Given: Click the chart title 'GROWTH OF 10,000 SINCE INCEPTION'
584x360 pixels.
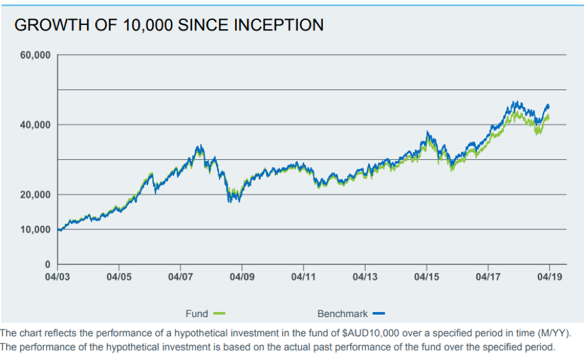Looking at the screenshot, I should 169,25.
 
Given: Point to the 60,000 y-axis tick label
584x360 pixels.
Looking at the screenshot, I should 35,55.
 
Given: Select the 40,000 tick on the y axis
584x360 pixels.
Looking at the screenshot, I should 35,125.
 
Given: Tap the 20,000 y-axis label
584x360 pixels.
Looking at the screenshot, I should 35,195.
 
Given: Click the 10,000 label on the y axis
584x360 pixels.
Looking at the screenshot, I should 35,229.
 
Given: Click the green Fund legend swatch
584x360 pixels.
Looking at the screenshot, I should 218,313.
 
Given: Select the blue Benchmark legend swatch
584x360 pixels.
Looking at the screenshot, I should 379,313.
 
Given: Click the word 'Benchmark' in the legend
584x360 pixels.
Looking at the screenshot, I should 342,313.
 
